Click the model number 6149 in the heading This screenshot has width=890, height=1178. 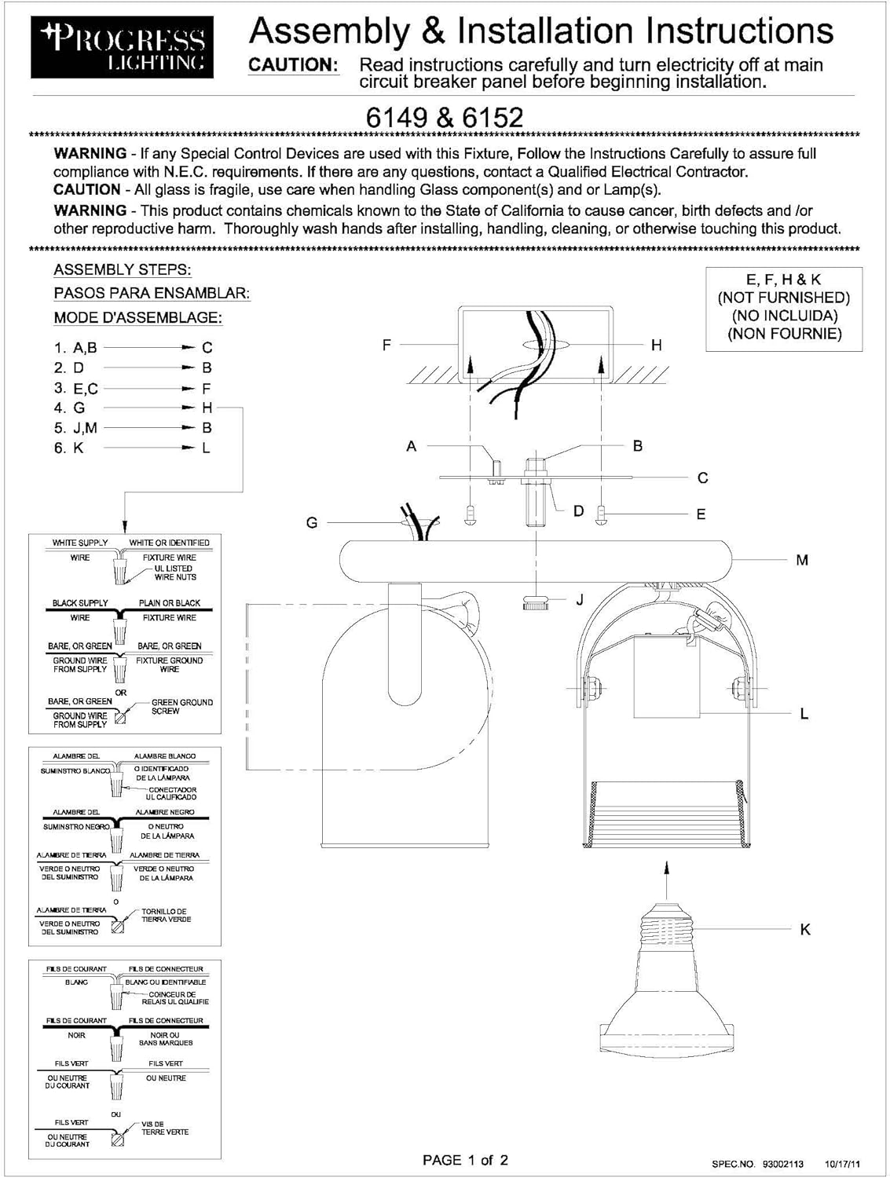click(397, 117)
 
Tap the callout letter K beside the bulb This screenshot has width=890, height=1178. click(805, 929)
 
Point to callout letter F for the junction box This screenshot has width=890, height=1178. click(386, 344)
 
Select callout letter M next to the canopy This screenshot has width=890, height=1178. click(802, 560)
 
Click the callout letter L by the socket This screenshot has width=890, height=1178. click(804, 714)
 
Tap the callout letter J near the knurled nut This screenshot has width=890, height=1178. click(580, 600)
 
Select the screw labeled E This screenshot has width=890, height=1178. click(602, 516)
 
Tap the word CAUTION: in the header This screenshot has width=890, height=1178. click(294, 65)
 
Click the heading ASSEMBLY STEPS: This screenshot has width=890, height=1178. click(122, 269)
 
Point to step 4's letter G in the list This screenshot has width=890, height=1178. click(79, 408)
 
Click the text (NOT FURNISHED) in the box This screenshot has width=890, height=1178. click(783, 297)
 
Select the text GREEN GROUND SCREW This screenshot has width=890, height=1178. click(181, 707)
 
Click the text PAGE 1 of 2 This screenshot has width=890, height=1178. click(465, 1160)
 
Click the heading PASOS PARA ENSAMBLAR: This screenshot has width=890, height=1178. click(152, 293)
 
